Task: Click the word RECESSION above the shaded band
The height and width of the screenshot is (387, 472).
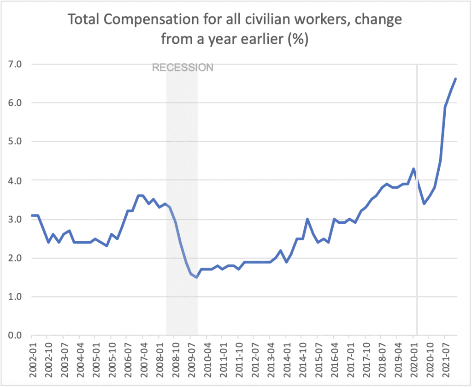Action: coord(183,68)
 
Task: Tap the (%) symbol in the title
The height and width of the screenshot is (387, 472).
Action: coord(298,39)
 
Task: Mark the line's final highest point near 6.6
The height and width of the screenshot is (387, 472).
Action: coord(455,79)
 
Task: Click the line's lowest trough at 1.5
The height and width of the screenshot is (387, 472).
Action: coord(197,277)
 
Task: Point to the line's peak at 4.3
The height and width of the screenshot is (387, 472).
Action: coord(413,169)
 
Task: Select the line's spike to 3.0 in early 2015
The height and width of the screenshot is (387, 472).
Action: coord(307,219)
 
